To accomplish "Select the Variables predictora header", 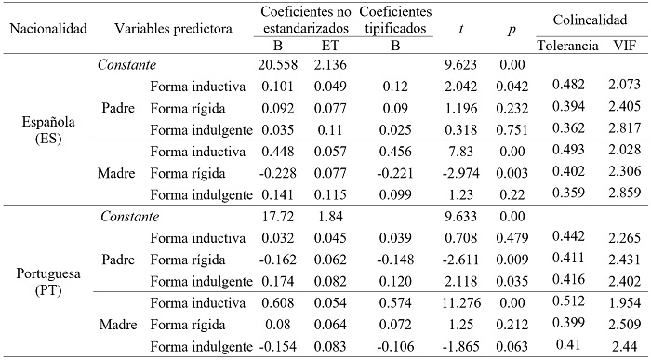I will pos(173,28).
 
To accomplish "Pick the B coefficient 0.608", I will pos(277,300).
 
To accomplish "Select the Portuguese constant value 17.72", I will pos(277,215).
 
